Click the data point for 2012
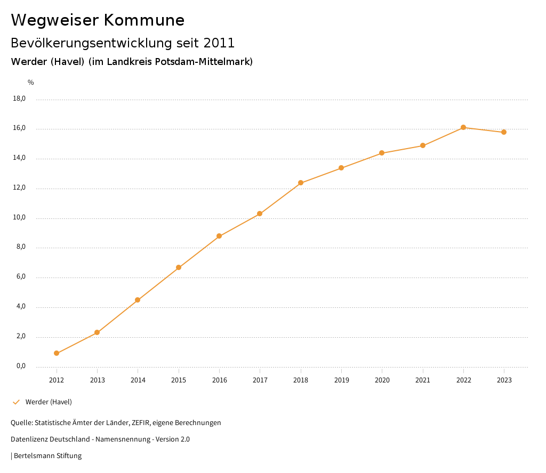click(57, 353)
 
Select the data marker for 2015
click(179, 267)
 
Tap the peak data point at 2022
click(463, 127)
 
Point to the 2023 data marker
click(504, 132)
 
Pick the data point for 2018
click(301, 183)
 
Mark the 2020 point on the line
click(382, 153)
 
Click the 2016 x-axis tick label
click(219, 380)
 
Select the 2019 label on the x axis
click(341, 380)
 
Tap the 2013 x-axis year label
click(97, 380)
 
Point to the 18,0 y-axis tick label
click(19, 99)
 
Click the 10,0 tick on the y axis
click(19, 218)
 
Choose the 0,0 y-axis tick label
click(21, 366)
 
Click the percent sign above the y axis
click(31, 83)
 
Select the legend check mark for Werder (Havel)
click(16, 402)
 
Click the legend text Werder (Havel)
click(49, 402)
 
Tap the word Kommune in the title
click(144, 20)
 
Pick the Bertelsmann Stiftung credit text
click(47, 456)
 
